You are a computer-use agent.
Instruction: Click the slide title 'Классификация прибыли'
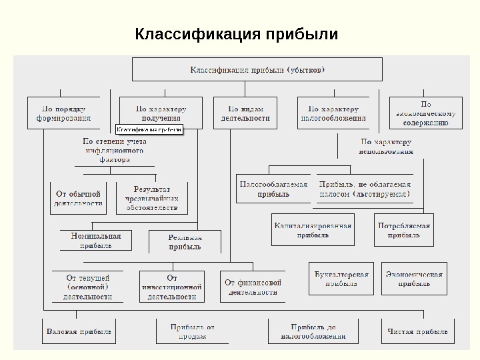(x=236, y=33)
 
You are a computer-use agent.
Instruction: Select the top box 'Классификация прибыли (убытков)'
(x=257, y=69)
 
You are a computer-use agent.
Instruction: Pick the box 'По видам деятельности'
(x=245, y=113)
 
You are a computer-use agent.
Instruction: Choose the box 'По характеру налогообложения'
(x=334, y=113)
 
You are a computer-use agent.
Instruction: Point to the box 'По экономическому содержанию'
(x=425, y=113)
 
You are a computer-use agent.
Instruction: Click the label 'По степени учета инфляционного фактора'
(x=115, y=151)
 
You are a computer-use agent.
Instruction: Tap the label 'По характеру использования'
(x=387, y=147)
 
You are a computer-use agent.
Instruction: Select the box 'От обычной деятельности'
(x=78, y=198)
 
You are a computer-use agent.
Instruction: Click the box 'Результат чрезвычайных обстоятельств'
(x=152, y=198)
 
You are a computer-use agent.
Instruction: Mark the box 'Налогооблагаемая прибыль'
(x=273, y=189)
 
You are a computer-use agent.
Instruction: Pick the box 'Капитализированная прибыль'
(x=313, y=230)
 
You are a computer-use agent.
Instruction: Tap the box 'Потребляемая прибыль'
(x=404, y=230)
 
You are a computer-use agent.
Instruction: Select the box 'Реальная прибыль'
(x=185, y=242)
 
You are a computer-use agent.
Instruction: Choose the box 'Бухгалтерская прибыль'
(x=341, y=279)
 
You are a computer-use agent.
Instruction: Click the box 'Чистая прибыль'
(x=418, y=331)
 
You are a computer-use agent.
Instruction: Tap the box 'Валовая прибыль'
(x=79, y=331)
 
